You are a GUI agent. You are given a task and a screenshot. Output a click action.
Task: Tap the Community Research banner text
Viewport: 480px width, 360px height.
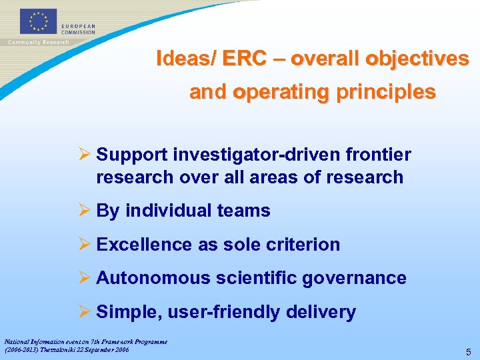coord(38,43)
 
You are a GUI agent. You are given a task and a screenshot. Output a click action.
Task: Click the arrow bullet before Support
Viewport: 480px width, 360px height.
coord(84,155)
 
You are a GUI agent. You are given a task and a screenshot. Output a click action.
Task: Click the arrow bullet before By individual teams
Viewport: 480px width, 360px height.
coord(84,211)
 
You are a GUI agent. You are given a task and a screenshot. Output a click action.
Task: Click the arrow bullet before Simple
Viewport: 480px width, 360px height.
coord(84,312)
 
